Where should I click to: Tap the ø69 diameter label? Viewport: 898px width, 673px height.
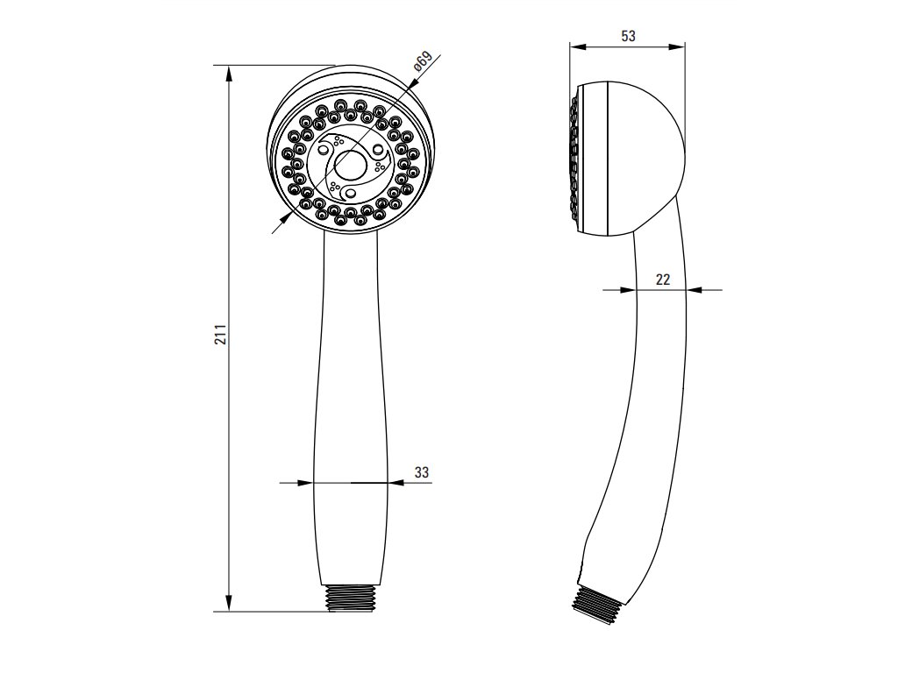click(x=422, y=64)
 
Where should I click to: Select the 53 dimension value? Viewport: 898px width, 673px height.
click(x=628, y=36)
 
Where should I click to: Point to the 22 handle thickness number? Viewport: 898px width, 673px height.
click(x=663, y=280)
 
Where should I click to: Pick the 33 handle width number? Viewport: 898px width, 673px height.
click(x=422, y=472)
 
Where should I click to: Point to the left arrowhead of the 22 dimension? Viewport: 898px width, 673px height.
click(x=628, y=289)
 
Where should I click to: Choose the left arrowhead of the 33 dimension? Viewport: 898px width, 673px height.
click(x=306, y=482)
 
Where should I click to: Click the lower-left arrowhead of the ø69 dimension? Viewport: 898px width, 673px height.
click(x=285, y=218)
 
